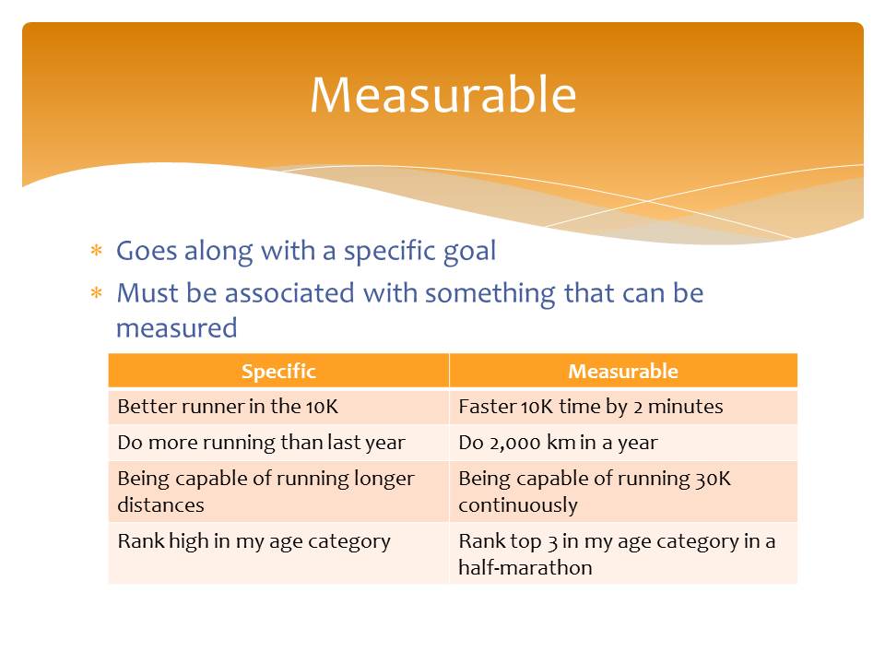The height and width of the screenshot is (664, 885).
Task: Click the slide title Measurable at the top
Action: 443,95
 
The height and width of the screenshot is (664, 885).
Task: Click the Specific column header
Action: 278,371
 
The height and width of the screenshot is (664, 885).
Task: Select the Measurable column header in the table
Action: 623,371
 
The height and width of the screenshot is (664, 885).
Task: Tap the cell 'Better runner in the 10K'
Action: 278,407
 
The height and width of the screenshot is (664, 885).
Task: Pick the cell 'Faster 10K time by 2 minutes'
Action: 623,407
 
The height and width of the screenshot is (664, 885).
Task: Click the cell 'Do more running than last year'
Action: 278,443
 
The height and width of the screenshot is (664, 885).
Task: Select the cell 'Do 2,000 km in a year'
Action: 623,443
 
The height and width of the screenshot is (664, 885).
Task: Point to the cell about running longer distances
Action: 278,492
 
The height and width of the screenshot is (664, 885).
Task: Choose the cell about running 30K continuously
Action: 623,492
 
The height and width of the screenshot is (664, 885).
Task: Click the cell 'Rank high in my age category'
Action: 278,552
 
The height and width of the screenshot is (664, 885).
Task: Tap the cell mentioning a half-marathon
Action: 623,552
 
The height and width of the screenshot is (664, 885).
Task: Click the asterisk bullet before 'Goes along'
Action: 97,250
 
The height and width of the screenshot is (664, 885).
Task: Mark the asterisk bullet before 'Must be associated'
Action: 97,293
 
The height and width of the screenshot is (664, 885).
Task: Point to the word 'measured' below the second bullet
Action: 177,328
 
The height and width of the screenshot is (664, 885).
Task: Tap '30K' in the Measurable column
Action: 713,479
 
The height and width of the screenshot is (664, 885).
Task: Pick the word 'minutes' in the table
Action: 685,407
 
